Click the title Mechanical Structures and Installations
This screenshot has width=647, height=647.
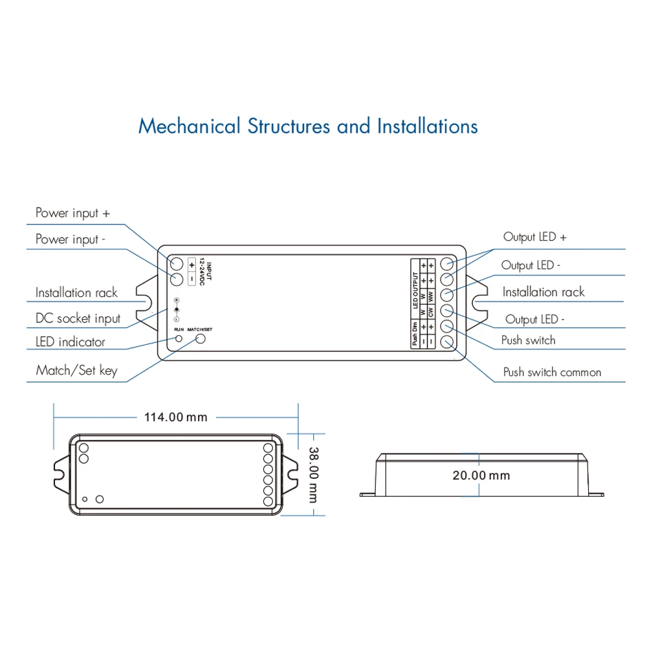coord(308,126)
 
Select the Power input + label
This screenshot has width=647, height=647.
coord(72,213)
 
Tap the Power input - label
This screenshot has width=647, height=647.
coord(70,239)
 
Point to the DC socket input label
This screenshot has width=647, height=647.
coord(78,318)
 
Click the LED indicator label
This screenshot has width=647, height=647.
coord(70,342)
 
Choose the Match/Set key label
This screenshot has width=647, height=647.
coord(76,371)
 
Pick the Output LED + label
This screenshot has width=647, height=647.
coord(534,237)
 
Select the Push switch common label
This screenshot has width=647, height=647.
coord(552,372)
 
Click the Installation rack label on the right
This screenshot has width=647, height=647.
coord(543,292)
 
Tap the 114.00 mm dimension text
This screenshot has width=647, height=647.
coord(175,417)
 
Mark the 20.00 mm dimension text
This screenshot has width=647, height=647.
coord(481,476)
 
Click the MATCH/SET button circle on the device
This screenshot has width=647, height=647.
coord(200,338)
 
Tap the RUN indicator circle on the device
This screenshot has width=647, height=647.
coord(179,338)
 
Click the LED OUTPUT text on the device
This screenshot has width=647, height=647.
coord(415,287)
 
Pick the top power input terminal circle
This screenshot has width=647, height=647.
coord(177,263)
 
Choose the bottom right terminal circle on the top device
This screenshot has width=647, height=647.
coord(446,342)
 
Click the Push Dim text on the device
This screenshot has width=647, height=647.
coord(415,335)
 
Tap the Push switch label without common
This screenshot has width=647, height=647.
coord(528,340)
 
